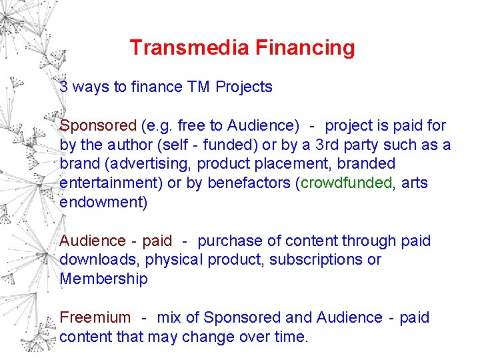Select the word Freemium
95,318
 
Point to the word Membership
103,279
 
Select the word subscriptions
316,260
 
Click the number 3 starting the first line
63,87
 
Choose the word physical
171,260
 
